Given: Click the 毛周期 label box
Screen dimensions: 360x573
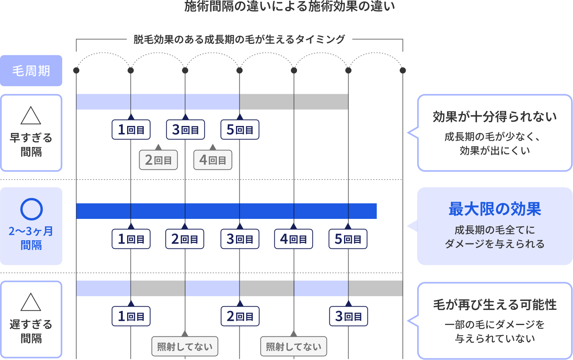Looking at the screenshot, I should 31,71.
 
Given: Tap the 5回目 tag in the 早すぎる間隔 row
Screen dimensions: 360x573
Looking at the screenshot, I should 240,130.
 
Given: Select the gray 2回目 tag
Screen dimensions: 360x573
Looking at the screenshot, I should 158,160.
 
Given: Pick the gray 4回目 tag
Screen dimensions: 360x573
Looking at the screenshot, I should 213,160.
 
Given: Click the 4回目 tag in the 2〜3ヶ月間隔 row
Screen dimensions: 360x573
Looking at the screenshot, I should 293,239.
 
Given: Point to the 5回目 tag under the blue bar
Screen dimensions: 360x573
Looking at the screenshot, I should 348,239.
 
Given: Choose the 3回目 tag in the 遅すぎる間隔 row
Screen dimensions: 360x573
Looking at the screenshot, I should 348,316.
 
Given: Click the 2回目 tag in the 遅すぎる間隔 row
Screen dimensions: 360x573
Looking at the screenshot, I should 240,316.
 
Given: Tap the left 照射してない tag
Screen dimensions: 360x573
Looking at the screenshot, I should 185,346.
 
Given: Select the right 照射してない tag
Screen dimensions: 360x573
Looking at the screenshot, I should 293,346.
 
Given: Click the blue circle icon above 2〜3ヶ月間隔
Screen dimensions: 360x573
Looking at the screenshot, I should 31,209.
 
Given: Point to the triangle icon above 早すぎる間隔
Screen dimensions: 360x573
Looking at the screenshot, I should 31,115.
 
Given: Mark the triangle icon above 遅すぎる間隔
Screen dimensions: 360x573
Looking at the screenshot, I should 31,302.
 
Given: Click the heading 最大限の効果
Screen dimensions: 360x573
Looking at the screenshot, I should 494,209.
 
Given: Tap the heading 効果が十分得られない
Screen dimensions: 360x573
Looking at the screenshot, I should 494,117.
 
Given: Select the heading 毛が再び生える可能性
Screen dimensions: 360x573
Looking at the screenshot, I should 494,305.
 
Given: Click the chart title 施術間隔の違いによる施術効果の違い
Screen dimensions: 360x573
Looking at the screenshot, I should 290,6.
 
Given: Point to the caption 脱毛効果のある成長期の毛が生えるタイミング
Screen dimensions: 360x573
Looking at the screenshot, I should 239,39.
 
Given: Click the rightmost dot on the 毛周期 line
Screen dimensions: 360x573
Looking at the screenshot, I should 403,70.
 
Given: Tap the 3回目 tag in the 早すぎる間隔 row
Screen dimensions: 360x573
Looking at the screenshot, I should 185,130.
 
